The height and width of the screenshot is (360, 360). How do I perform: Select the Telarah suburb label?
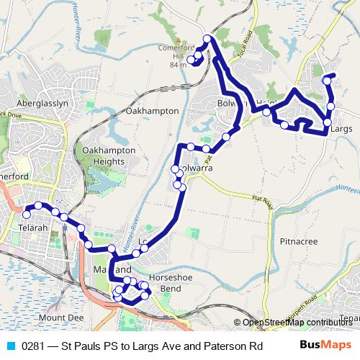pyautogui.click(x=30, y=228)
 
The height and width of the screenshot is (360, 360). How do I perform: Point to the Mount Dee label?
pyautogui.click(x=61, y=317)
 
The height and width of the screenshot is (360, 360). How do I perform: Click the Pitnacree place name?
pyautogui.click(x=299, y=241)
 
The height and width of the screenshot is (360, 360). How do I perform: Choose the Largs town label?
pyautogui.click(x=344, y=127)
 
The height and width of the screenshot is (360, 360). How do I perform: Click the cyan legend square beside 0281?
pyautogui.click(x=11, y=345)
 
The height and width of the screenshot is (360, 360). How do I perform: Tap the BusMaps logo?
pyautogui.click(x=325, y=344)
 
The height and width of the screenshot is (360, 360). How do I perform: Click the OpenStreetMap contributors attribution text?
pyautogui.click(x=297, y=323)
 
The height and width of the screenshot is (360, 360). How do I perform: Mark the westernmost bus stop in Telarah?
pyautogui.click(x=27, y=214)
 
